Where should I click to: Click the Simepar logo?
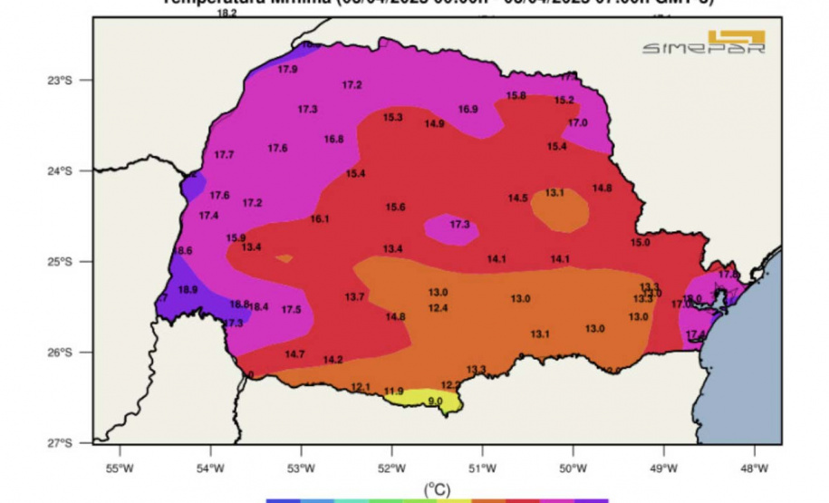pyautogui.click(x=704, y=43)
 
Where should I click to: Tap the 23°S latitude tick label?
pyautogui.click(x=60, y=80)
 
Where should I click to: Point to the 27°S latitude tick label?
pyautogui.click(x=60, y=442)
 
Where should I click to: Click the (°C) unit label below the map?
pyautogui.click(x=437, y=488)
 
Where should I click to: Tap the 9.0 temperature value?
pyautogui.click(x=435, y=401)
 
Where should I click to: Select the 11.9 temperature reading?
pyautogui.click(x=393, y=392)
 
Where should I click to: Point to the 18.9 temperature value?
pyautogui.click(x=188, y=290)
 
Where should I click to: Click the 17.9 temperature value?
pyautogui.click(x=287, y=69)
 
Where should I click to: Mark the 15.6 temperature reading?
pyautogui.click(x=395, y=208)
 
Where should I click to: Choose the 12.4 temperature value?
pyautogui.click(x=438, y=308)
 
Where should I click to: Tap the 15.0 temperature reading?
pyautogui.click(x=641, y=243)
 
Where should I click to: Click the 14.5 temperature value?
pyautogui.click(x=517, y=198)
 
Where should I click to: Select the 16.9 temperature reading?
pyautogui.click(x=468, y=110)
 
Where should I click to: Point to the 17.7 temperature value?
pyautogui.click(x=224, y=155)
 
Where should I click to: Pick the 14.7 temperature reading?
pyautogui.click(x=294, y=354)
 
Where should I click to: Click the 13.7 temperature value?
pyautogui.click(x=354, y=297)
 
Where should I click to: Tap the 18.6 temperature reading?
pyautogui.click(x=182, y=251)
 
